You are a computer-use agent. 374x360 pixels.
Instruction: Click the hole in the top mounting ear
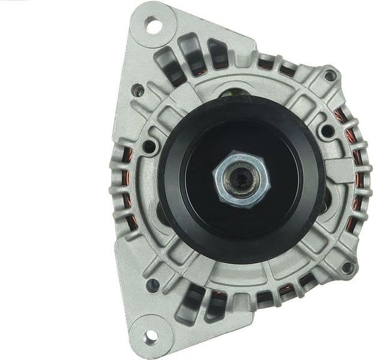click(152, 26)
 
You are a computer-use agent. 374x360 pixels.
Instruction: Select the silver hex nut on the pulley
click(239, 178)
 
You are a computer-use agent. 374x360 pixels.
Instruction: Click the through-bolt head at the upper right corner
click(330, 76)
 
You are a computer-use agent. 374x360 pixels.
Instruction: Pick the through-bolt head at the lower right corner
click(346, 267)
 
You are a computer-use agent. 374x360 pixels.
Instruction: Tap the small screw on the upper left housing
click(138, 91)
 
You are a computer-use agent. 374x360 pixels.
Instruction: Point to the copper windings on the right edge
click(357, 180)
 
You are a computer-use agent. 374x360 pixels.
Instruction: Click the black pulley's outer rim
click(171, 180)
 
